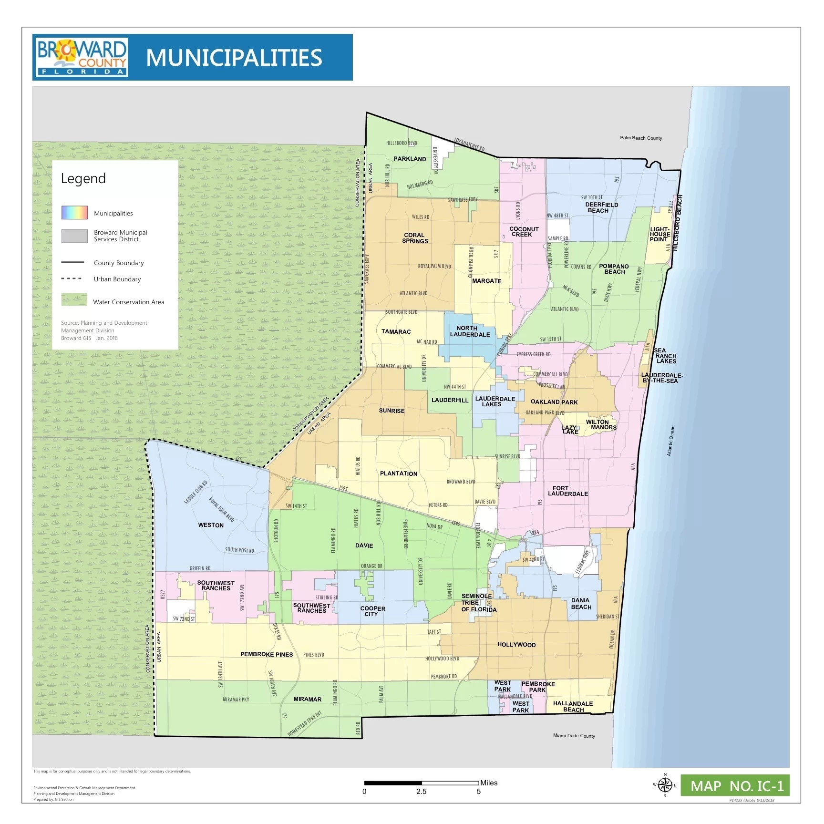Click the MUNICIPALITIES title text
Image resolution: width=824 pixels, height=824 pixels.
point(234,58)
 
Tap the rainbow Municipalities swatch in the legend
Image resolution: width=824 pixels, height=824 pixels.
point(74,213)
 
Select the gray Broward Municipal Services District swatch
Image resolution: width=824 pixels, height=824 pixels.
point(74,236)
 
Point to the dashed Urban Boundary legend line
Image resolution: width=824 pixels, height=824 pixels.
point(72,279)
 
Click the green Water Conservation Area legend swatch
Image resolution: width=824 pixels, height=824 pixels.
point(74,300)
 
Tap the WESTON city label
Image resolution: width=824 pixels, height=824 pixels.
point(211,525)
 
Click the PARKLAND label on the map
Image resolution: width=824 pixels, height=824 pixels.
point(410,159)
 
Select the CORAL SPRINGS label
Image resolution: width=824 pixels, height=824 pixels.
point(415,238)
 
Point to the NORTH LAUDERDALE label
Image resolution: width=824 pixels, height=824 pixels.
point(469,331)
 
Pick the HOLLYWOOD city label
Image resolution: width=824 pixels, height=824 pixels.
point(516,645)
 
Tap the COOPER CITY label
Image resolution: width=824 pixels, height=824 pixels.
point(372,611)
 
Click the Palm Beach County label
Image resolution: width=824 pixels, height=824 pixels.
point(640,138)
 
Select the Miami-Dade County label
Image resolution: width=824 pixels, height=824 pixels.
point(574,736)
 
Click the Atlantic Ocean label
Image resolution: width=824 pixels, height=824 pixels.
point(670,441)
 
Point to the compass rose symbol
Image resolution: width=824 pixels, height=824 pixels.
point(665,785)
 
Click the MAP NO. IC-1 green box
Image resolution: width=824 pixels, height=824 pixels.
point(735,786)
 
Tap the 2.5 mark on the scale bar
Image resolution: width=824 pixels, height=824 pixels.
point(421,792)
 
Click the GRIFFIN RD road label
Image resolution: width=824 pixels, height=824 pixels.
point(200,568)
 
